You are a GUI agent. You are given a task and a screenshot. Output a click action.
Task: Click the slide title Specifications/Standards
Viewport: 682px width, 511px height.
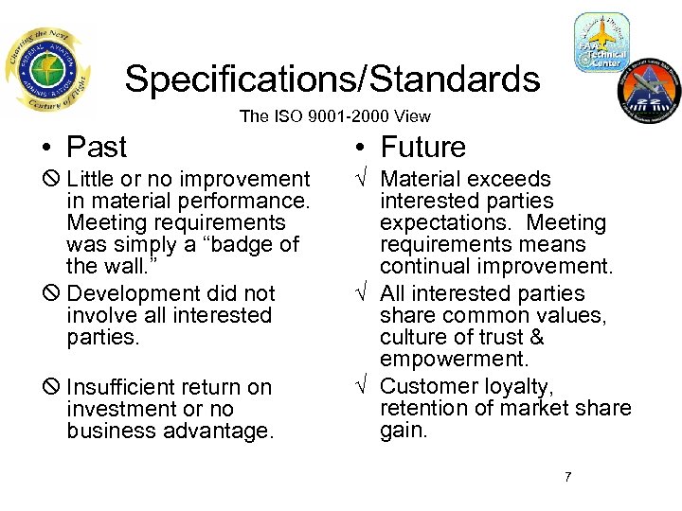tap(332, 79)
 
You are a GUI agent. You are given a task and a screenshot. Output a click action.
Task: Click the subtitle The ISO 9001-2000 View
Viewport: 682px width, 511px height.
tap(334, 116)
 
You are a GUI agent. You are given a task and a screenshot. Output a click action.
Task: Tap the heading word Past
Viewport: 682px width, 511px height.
tap(97, 148)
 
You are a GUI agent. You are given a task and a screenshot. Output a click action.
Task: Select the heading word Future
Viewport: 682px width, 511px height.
tap(422, 148)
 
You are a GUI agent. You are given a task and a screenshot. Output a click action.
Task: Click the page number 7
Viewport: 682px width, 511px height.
tap(567, 476)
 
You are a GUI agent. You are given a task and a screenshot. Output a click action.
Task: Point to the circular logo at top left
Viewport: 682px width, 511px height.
tap(46, 70)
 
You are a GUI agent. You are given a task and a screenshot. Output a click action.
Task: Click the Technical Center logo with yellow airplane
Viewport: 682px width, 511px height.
tap(601, 43)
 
